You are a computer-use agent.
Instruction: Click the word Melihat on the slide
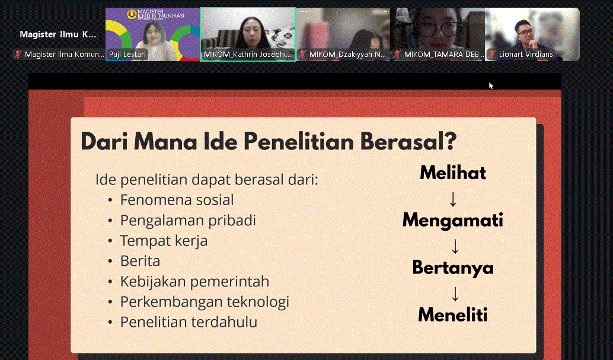point(453,173)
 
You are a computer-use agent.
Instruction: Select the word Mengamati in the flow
point(453,220)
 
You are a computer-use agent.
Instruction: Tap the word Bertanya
point(453,268)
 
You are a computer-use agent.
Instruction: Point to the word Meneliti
point(453,315)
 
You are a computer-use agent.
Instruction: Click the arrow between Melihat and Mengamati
point(453,199)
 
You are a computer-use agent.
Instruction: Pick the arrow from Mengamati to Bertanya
point(455,247)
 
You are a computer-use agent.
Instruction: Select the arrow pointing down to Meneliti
point(455,294)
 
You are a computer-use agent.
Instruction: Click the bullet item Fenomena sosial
point(177,200)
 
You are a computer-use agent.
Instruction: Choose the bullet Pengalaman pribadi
point(188,221)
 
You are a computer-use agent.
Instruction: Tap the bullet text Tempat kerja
point(164,241)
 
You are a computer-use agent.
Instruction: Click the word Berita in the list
point(140,261)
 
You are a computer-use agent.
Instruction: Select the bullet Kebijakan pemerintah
point(194,282)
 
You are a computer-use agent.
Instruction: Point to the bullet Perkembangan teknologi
point(205,302)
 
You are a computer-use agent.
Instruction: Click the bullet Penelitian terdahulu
point(189,323)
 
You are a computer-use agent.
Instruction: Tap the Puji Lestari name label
point(127,55)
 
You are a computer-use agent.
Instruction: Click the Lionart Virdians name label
point(526,55)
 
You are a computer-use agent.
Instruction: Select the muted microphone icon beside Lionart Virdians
point(492,55)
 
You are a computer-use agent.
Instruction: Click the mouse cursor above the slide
point(491,85)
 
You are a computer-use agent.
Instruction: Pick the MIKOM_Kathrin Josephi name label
point(247,55)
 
